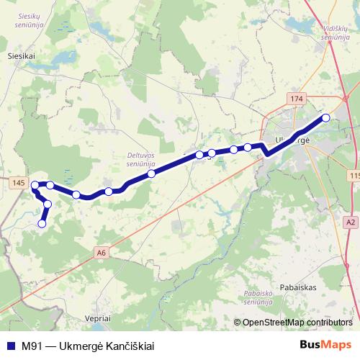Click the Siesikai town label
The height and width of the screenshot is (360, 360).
tap(21, 54)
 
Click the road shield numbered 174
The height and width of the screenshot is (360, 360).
tap(296, 97)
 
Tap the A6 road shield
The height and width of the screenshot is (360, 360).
tap(102, 252)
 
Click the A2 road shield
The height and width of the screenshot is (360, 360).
tap(351, 222)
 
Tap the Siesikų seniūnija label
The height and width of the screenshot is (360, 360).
tap(30, 21)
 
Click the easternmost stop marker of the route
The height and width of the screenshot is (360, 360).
tap(325, 117)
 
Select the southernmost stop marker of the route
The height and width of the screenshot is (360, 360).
tap(42, 224)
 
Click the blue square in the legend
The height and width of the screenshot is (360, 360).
tap(11, 346)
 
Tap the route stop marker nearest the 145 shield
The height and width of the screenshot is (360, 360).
tap(35, 185)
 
